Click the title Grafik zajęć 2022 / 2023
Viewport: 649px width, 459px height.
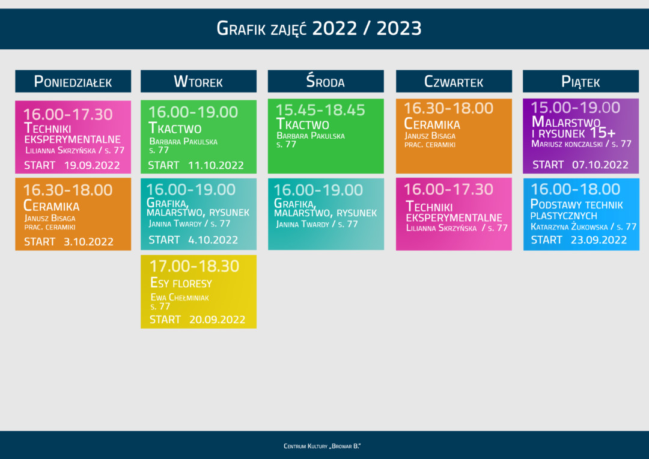coord(319,28)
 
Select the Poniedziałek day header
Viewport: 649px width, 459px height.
coord(73,82)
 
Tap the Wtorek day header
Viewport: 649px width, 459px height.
coord(198,82)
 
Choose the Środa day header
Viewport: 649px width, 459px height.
coord(325,82)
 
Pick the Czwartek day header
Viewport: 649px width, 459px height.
coord(454,82)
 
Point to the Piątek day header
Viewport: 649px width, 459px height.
coord(580,82)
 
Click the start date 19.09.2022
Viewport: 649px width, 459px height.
coord(92,165)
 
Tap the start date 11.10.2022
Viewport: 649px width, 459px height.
coord(216,165)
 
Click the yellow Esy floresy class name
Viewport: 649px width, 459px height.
coord(181,284)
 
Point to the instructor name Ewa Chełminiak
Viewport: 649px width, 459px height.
coord(180,297)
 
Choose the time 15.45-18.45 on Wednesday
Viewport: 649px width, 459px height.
coord(320,110)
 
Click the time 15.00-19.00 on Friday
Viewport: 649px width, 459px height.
coord(575,108)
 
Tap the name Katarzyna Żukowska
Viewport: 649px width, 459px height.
coord(569,227)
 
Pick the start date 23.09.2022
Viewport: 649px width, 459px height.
coord(599,240)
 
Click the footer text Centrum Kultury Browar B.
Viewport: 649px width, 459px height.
coord(322,446)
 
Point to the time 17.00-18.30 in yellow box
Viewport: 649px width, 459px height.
coord(194,266)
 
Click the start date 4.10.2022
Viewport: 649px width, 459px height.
coord(213,240)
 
